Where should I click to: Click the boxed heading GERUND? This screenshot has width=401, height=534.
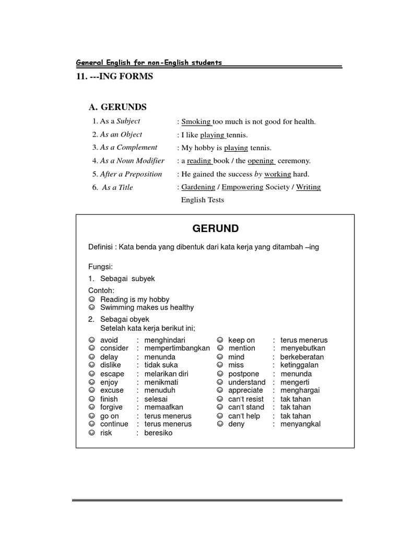(x=216, y=228)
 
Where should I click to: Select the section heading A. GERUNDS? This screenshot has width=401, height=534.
(x=117, y=107)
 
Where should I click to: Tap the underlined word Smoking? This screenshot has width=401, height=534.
(x=196, y=122)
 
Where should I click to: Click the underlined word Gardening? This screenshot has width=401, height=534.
(x=198, y=187)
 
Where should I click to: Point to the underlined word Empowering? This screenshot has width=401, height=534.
(x=242, y=187)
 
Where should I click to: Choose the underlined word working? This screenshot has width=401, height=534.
(x=277, y=174)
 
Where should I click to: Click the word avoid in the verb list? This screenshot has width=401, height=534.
(x=109, y=340)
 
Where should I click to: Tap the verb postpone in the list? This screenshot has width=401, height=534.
(x=243, y=374)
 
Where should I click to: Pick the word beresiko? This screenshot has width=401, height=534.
(x=158, y=433)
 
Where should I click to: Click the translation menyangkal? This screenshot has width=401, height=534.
(x=300, y=424)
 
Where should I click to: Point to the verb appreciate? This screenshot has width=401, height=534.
(x=245, y=391)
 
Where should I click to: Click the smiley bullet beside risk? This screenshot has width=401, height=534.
(x=91, y=433)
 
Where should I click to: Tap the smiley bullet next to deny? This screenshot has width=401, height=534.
(x=220, y=424)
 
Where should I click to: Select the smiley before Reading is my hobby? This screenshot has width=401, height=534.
(x=91, y=299)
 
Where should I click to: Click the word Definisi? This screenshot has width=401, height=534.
(x=101, y=247)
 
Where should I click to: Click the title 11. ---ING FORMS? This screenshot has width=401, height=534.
(x=114, y=77)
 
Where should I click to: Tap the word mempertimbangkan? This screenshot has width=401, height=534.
(x=177, y=348)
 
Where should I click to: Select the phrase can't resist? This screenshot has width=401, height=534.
(x=246, y=399)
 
